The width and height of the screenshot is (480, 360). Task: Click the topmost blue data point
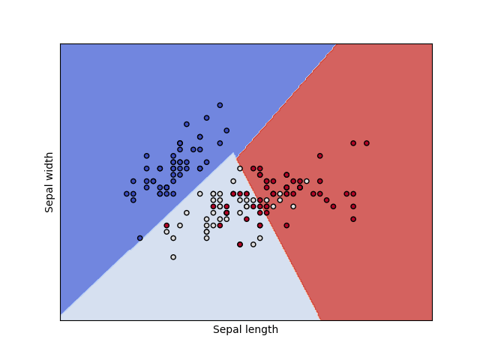220,105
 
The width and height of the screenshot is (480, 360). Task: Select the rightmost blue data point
226,130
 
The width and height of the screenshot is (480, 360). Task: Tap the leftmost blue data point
127,193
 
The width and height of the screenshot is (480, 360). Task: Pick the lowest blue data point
140,238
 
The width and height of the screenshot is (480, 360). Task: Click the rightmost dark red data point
367,143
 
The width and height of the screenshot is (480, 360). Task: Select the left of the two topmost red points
353,143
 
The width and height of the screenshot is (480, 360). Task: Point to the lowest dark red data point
240,244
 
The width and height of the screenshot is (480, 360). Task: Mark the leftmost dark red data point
166,225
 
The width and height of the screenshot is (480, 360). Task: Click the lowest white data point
173,257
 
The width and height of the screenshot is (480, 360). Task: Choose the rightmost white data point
307,181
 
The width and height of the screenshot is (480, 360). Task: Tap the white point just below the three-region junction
240,169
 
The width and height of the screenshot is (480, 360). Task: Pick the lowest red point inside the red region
286,225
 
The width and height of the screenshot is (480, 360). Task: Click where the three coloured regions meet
235,153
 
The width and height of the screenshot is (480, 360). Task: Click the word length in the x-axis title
261,330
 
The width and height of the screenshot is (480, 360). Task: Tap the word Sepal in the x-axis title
226,330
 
